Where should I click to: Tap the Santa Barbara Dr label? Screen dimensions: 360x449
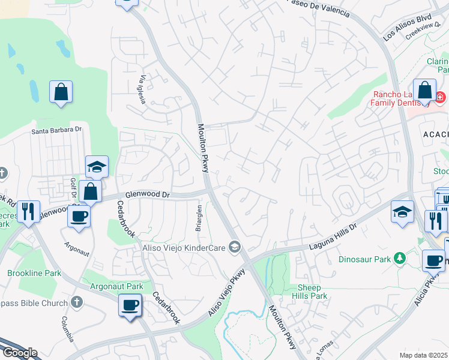pyautogui.click(x=56, y=130)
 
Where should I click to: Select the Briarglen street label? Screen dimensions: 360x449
pyautogui.click(x=200, y=219)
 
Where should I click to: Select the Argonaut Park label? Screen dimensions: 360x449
pyautogui.click(x=112, y=287)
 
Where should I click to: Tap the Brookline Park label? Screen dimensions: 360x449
pyautogui.click(x=34, y=273)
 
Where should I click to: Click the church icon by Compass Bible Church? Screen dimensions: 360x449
pyautogui.click(x=76, y=303)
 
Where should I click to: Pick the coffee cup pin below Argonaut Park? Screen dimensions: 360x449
pyautogui.click(x=130, y=305)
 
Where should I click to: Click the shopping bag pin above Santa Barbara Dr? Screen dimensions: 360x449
pyautogui.click(x=61, y=93)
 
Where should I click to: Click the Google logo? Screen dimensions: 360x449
pyautogui.click(x=19, y=353)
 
